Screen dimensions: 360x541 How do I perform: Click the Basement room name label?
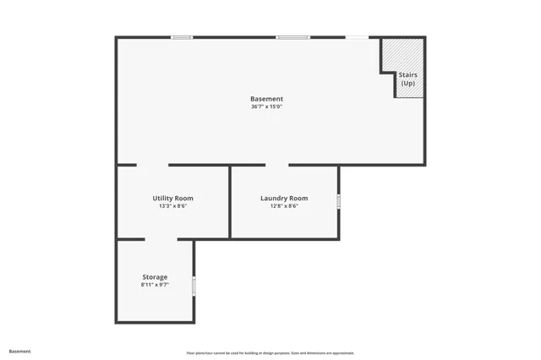[x=266, y=99]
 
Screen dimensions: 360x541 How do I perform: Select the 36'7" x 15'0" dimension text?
[x=266, y=106]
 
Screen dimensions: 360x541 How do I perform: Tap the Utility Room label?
[x=172, y=198]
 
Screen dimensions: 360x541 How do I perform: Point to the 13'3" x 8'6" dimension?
[x=172, y=206]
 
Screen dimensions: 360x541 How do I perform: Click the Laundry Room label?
[x=284, y=198]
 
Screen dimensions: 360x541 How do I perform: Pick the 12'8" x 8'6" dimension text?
[x=284, y=206]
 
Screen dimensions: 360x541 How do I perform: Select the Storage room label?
[x=155, y=276]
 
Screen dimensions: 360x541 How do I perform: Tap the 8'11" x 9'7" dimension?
[x=155, y=285]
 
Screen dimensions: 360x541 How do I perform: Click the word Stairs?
[x=408, y=75]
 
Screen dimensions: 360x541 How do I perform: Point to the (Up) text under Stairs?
[x=408, y=83]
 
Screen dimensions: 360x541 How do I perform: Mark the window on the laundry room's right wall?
[x=339, y=201]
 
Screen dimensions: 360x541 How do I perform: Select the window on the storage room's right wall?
[x=194, y=286]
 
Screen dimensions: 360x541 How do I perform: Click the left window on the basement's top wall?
[x=182, y=37]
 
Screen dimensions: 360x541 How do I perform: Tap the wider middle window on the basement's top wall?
[x=292, y=37]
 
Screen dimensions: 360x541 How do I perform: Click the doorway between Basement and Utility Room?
[x=152, y=165]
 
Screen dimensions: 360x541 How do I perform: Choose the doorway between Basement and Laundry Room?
[x=276, y=165]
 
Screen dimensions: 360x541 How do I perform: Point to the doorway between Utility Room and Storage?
[x=161, y=240]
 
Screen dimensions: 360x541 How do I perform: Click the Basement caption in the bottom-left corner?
[x=19, y=351]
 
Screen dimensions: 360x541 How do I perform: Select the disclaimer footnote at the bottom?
[x=270, y=353]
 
